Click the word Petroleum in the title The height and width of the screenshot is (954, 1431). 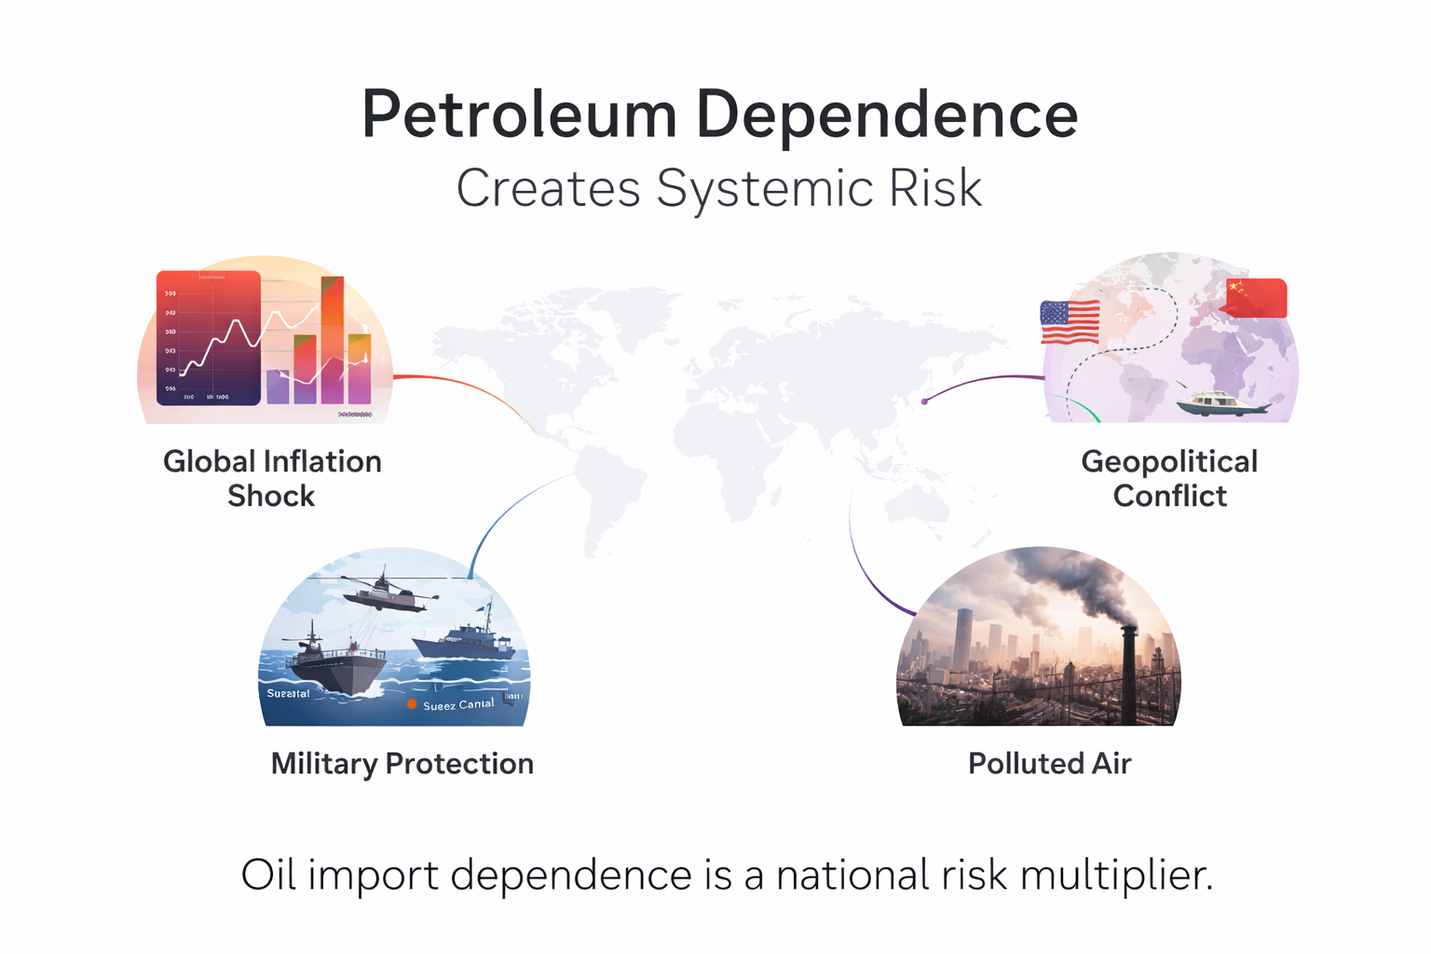(519, 116)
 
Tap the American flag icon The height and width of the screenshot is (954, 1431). (1070, 322)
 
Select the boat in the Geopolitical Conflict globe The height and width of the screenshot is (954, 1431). (1219, 402)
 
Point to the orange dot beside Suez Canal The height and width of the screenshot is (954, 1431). (412, 704)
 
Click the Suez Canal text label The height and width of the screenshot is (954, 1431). (458, 705)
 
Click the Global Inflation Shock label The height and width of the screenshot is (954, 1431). (272, 478)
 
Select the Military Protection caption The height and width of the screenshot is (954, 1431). (402, 764)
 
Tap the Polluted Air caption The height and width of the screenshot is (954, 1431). (1049, 764)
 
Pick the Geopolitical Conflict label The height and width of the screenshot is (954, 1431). (1169, 478)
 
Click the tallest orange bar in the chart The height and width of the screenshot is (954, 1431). (333, 339)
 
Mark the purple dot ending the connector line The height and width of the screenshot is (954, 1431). (924, 402)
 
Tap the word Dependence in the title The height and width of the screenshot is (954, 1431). (886, 116)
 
